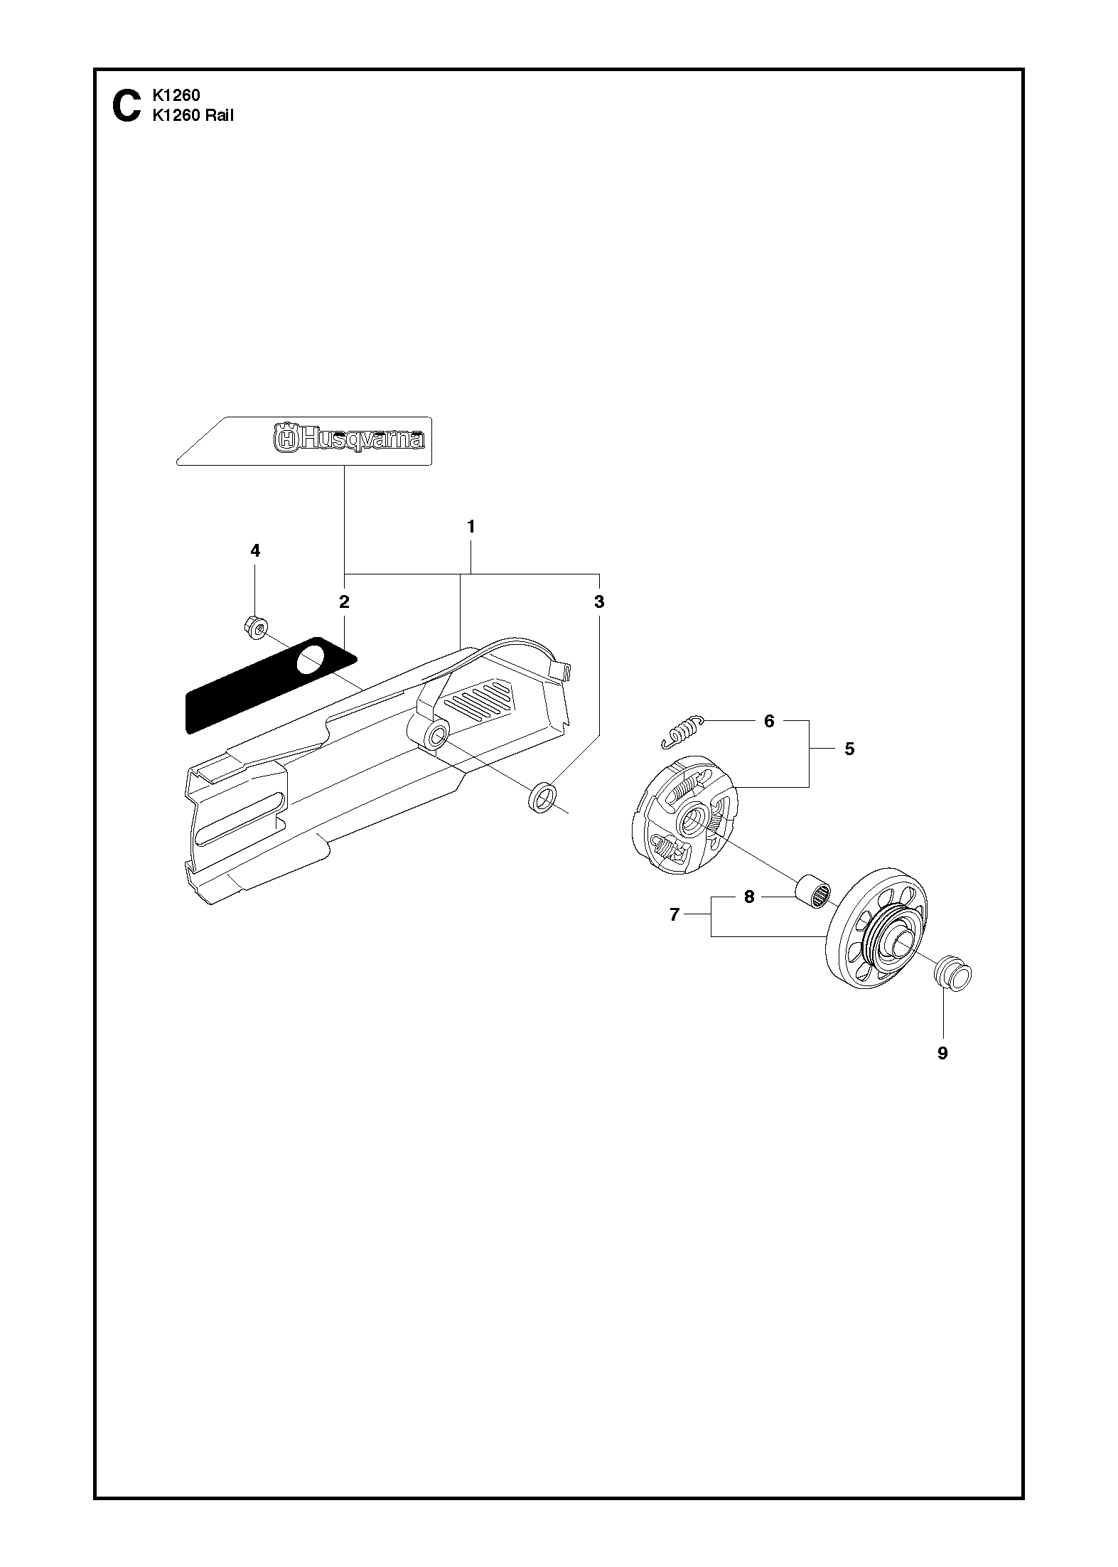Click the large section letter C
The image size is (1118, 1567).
point(127,106)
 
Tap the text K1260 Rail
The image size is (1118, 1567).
point(193,116)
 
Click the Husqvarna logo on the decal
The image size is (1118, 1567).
point(350,438)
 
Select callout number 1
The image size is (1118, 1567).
point(471,527)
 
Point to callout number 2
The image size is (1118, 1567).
point(344,602)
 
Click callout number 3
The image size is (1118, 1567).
point(599,601)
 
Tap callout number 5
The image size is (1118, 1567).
point(849,748)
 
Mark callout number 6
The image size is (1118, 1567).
point(769,721)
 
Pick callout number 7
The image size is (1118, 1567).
point(674,915)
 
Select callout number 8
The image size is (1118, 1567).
point(748,897)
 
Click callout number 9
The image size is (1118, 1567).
point(942,1053)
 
